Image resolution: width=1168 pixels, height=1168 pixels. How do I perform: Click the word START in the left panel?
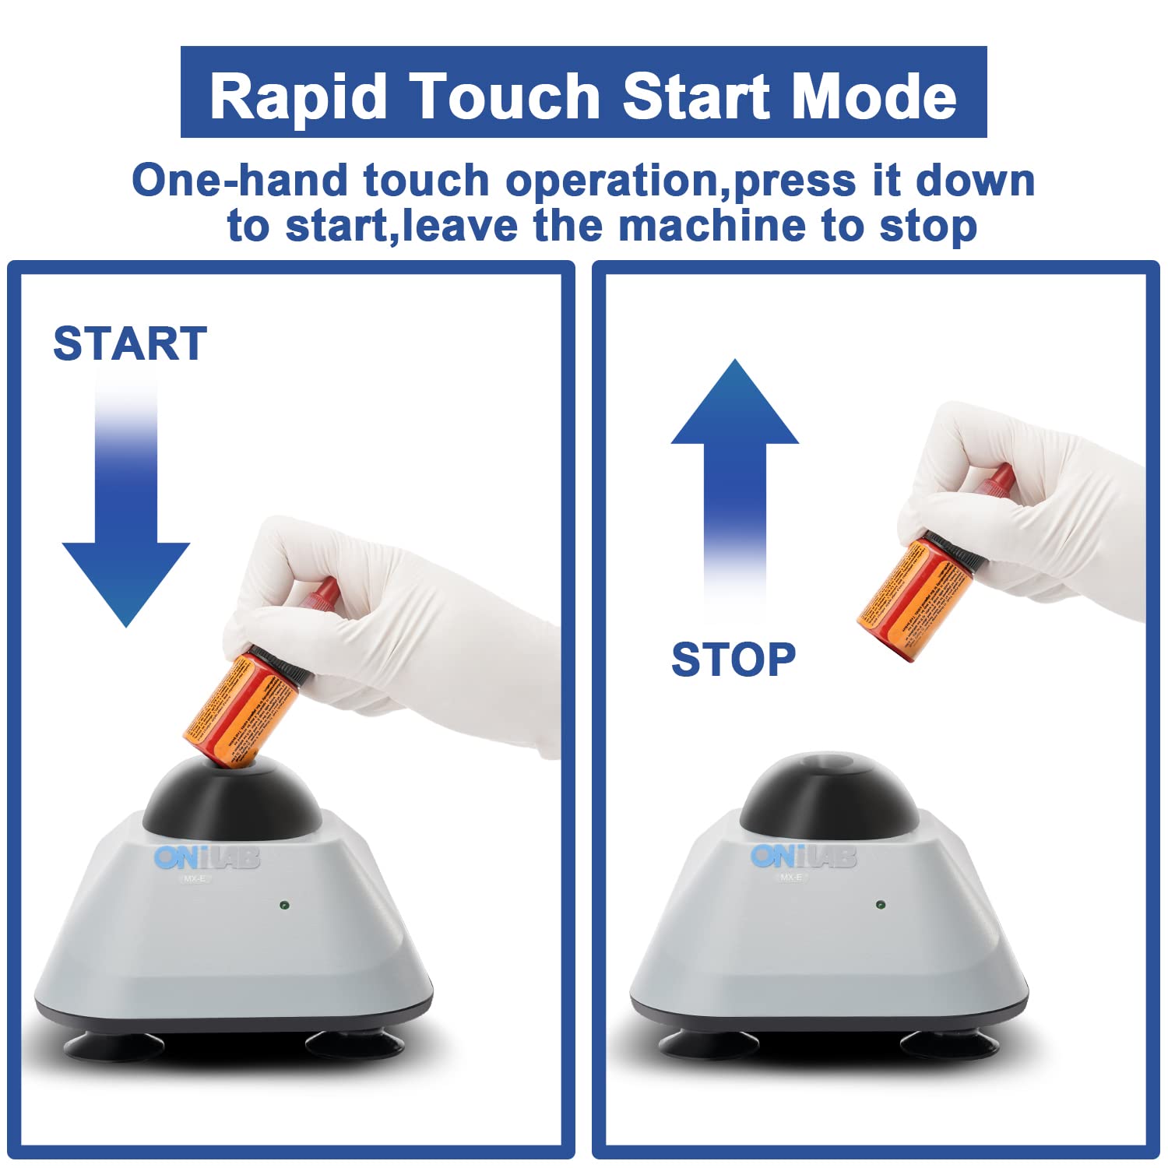tap(130, 344)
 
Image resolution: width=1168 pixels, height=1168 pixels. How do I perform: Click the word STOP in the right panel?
tap(733, 660)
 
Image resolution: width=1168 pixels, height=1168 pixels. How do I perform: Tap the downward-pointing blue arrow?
tap(126, 529)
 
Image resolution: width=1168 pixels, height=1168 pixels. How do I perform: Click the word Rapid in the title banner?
tap(298, 97)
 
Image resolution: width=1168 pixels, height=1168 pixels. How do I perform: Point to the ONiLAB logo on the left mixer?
tap(206, 858)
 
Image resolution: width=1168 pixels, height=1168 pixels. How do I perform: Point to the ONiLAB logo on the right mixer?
tap(803, 857)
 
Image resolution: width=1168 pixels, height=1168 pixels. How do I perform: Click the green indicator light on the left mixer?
tap(284, 906)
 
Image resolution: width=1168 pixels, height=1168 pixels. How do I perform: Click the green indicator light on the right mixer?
tap(880, 905)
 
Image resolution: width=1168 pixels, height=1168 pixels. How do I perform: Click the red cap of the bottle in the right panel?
tap(997, 479)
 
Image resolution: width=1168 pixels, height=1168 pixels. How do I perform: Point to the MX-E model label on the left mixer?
tap(195, 879)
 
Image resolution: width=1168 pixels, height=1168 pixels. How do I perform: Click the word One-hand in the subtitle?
tap(238, 181)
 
